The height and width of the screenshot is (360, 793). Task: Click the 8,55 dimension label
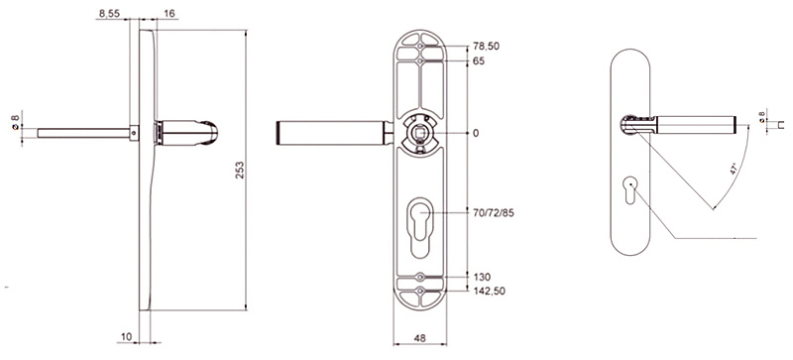coord(109,14)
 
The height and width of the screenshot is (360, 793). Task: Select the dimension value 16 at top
coord(170,14)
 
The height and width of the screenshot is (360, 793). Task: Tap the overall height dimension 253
coord(240,170)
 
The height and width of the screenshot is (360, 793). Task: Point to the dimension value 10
coord(127,336)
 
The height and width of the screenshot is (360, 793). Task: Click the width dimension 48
coord(420,336)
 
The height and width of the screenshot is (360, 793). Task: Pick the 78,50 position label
coord(486,46)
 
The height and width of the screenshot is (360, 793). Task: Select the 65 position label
coord(479,61)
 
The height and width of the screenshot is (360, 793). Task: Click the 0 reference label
coord(476,133)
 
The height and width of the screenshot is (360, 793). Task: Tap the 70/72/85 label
coord(493,212)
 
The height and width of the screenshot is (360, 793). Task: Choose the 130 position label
coord(482,277)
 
